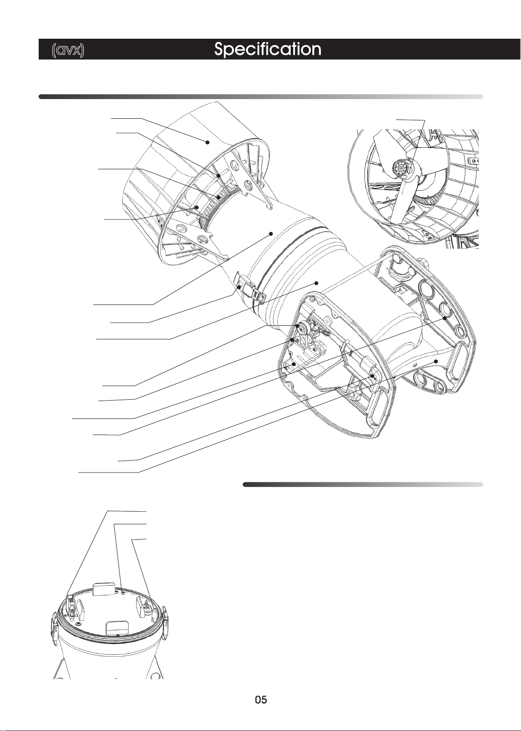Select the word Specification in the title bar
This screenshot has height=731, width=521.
(x=268, y=49)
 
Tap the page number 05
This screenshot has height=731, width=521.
(x=261, y=700)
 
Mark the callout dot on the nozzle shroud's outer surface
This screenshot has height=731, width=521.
(x=208, y=142)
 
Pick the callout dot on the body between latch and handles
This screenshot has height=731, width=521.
(x=316, y=283)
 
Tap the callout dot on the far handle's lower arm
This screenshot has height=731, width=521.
(x=436, y=361)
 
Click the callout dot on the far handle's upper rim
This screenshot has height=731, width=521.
(x=445, y=318)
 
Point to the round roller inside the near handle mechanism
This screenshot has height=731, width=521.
(x=303, y=328)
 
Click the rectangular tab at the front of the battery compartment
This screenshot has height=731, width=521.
(x=116, y=627)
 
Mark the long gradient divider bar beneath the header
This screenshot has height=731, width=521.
(x=261, y=97)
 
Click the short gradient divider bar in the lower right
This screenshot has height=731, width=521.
(x=363, y=484)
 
